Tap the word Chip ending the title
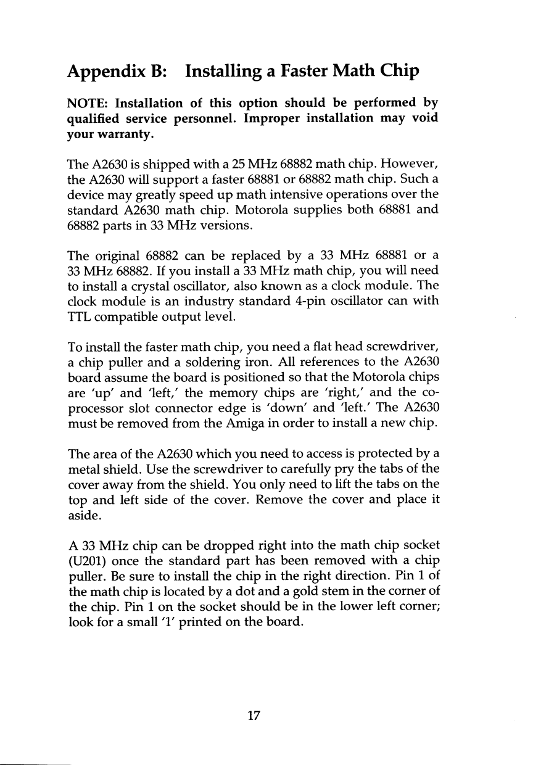[397, 72]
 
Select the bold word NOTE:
[88, 102]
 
